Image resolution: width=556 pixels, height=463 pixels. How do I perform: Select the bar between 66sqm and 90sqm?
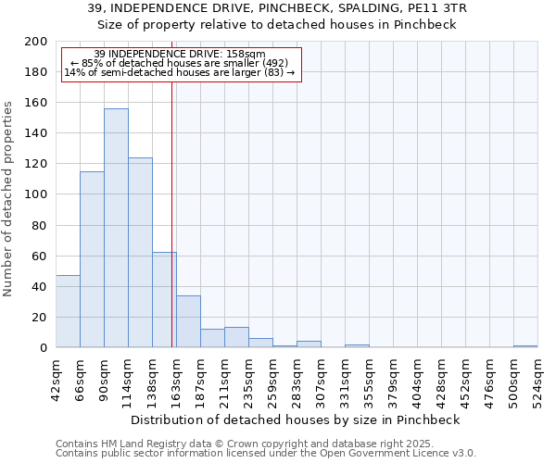[x=92, y=259]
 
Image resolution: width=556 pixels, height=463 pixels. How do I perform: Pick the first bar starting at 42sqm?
[x=68, y=311]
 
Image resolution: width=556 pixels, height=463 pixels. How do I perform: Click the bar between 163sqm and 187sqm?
[x=188, y=321]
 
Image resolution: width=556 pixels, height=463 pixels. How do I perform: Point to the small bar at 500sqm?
[x=525, y=346]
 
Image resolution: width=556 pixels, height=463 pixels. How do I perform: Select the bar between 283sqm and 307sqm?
[x=309, y=344]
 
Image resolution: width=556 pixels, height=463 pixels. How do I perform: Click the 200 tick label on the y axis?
[x=36, y=42]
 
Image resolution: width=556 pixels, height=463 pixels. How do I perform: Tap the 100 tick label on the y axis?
[x=36, y=194]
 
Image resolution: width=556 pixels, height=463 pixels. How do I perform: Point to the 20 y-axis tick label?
[x=40, y=317]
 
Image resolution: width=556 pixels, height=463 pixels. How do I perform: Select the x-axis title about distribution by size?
[x=296, y=419]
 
